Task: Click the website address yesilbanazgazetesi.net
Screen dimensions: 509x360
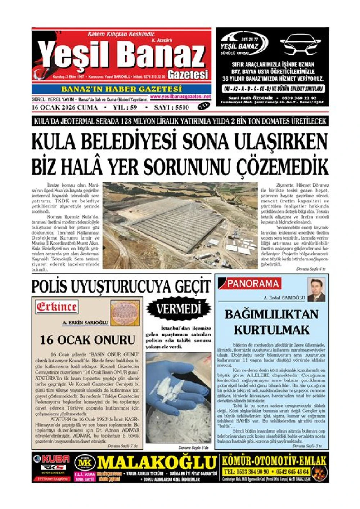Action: click(180, 97)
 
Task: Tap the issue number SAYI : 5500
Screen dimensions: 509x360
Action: click(171, 107)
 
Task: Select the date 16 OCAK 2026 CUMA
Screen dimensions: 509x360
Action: click(65, 107)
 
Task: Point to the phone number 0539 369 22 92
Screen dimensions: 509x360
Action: click(300, 98)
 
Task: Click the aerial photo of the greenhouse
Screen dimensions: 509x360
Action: click(180, 225)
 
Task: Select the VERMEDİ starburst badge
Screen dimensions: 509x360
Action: click(178, 309)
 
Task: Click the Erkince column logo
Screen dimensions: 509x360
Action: click(57, 307)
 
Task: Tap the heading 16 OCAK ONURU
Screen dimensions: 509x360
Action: click(87, 340)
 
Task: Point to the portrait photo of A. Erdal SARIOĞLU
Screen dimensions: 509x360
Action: click(316, 290)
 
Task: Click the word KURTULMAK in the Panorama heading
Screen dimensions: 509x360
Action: click(271, 330)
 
